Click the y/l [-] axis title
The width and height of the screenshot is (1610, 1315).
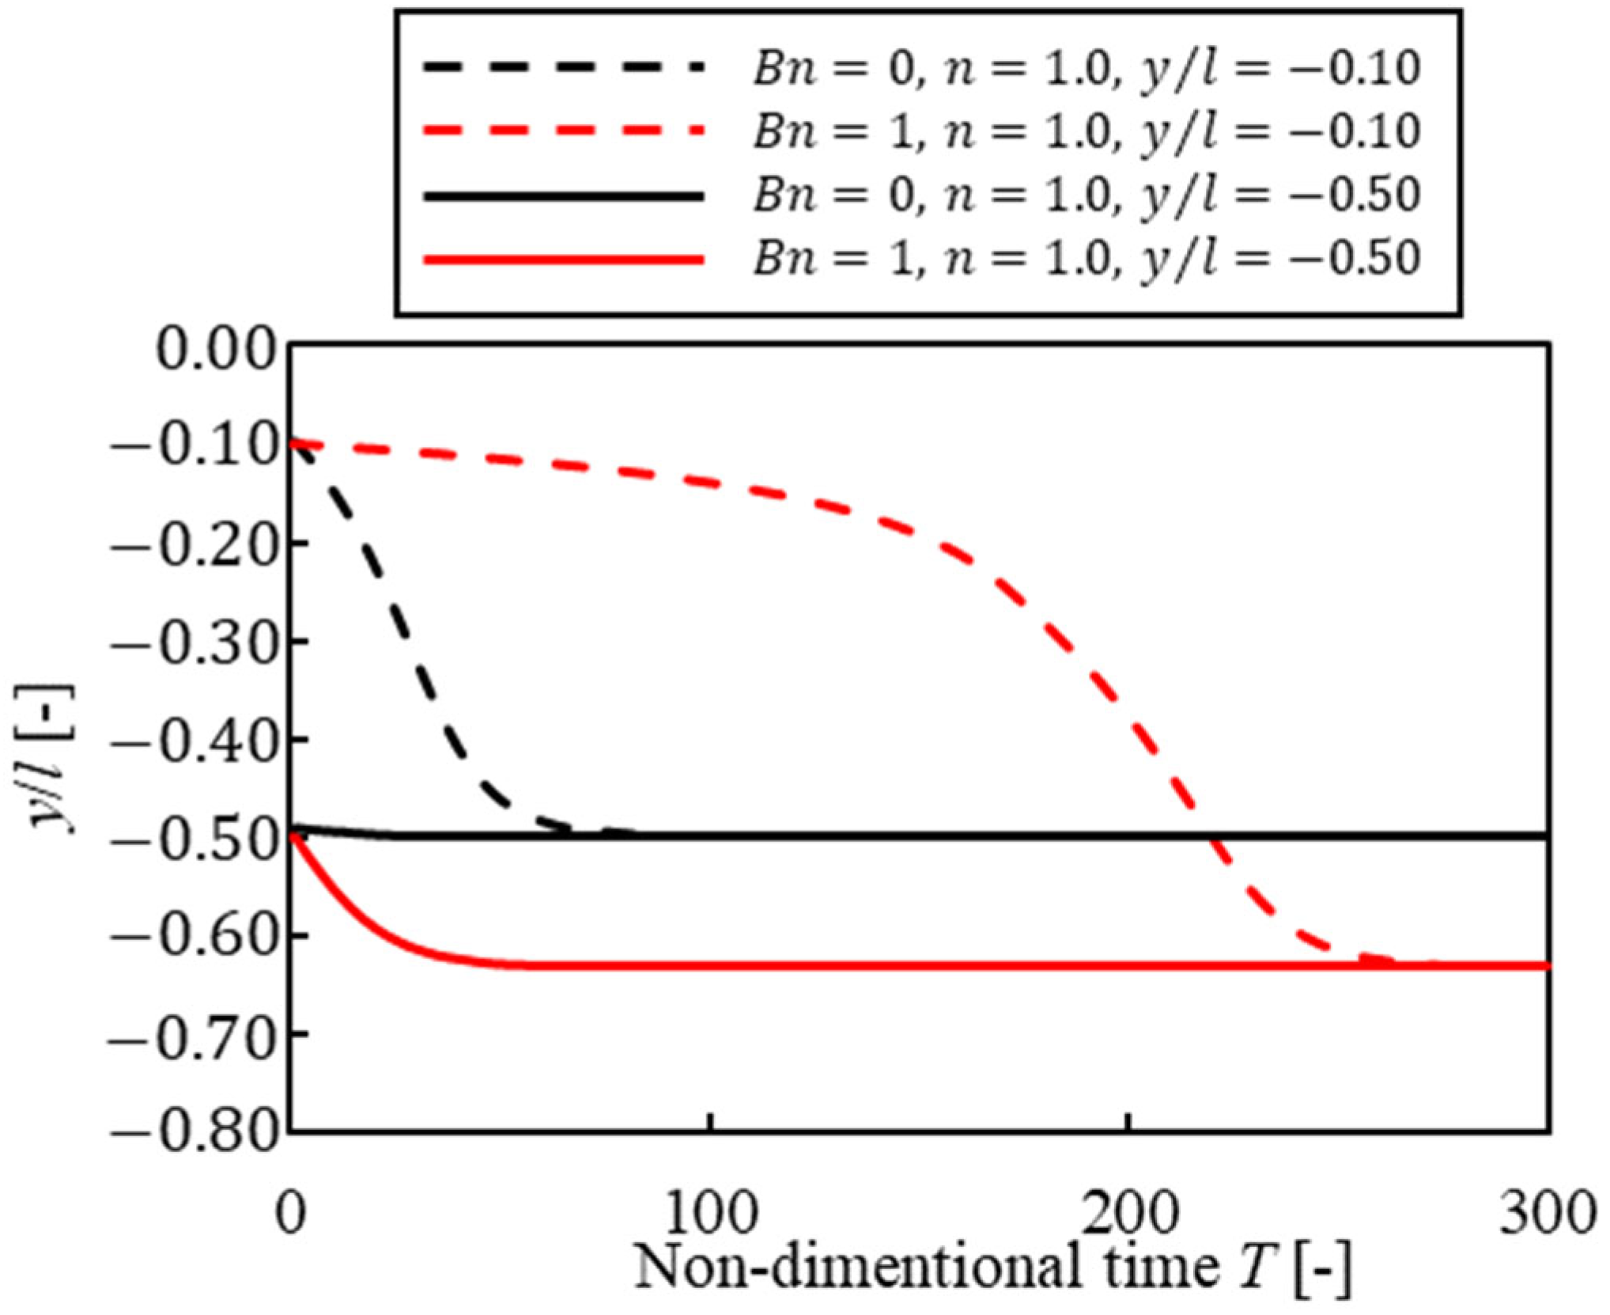point(54,758)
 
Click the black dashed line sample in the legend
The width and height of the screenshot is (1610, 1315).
point(562,68)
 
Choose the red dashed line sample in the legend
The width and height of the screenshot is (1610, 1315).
point(562,131)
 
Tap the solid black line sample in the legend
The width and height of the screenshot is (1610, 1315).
point(562,195)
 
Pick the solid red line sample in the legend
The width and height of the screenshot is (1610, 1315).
point(562,260)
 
